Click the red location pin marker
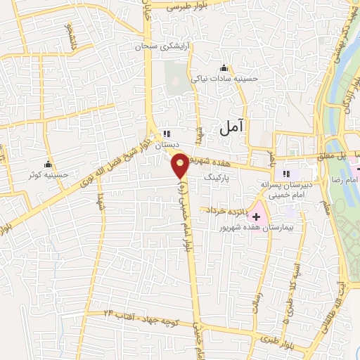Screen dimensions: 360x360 coord(181,165)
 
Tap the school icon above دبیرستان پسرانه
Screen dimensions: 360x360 coord(286,174)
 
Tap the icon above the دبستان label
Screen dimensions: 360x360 coord(167,133)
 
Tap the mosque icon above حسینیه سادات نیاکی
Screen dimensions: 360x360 coord(224,67)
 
